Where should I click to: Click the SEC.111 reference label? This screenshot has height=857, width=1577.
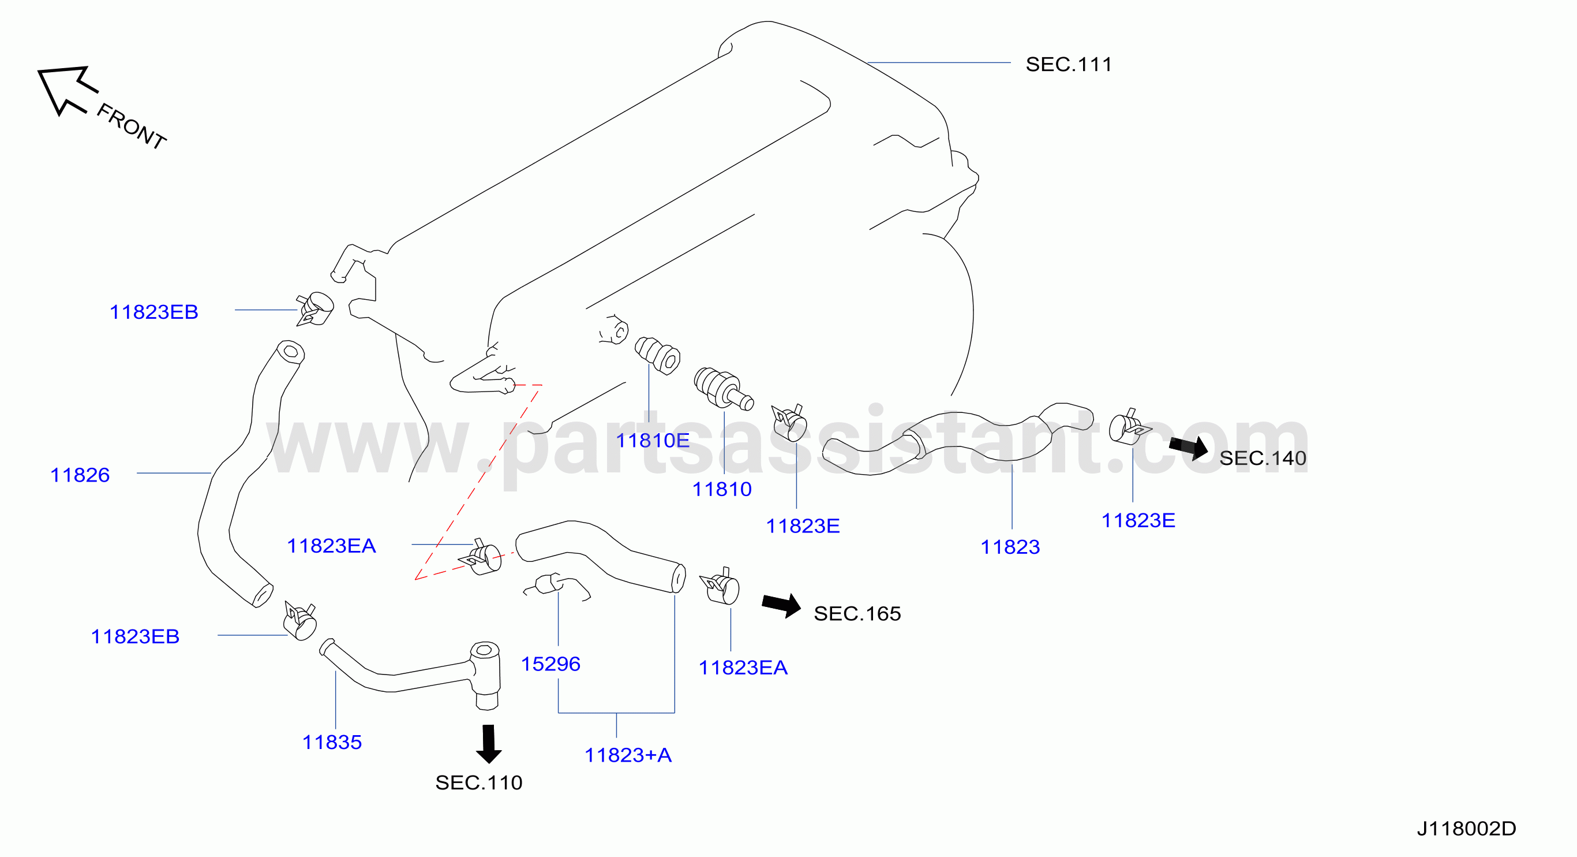pyautogui.click(x=1068, y=64)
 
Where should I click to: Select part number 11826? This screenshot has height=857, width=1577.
pyautogui.click(x=80, y=475)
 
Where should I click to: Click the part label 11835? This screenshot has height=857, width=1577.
pyautogui.click(x=332, y=743)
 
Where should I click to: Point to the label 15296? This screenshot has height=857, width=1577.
pyautogui.click(x=550, y=664)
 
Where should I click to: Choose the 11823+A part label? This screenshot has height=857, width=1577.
pyautogui.click(x=628, y=755)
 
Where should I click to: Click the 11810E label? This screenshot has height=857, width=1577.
pyautogui.click(x=653, y=441)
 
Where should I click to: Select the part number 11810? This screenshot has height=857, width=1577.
pyautogui.click(x=722, y=490)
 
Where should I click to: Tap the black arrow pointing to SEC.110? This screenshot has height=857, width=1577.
pyautogui.click(x=489, y=744)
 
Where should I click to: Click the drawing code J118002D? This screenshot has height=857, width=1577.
pyautogui.click(x=1466, y=829)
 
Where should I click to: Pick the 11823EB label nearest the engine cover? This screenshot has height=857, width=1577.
pyautogui.click(x=153, y=312)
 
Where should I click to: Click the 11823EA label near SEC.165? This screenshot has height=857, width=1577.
pyautogui.click(x=743, y=668)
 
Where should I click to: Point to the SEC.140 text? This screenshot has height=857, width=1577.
pyautogui.click(x=1263, y=458)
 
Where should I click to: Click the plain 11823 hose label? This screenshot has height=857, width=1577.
pyautogui.click(x=1010, y=547)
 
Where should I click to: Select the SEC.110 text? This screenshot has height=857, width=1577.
pyautogui.click(x=479, y=783)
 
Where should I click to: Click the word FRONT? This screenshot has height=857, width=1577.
pyautogui.click(x=132, y=126)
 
